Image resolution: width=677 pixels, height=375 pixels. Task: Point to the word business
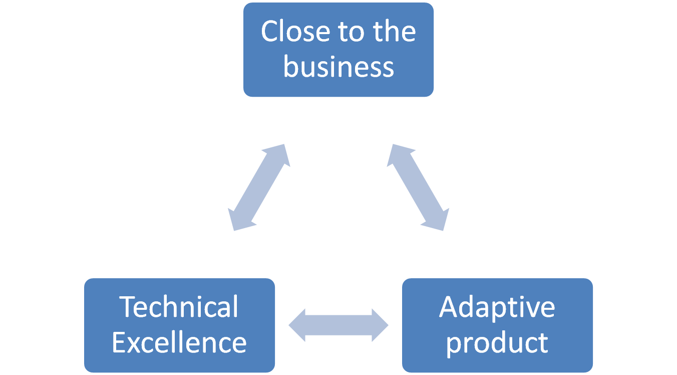click(x=338, y=67)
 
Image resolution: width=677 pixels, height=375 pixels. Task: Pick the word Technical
click(x=179, y=307)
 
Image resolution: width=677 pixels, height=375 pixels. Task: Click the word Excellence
click(x=179, y=343)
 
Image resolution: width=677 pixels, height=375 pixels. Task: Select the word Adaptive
click(x=497, y=307)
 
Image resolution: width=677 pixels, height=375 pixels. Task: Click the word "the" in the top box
click(x=394, y=31)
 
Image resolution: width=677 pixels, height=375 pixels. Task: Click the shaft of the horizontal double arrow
click(x=338, y=325)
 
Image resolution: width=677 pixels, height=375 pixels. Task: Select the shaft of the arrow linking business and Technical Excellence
click(x=259, y=187)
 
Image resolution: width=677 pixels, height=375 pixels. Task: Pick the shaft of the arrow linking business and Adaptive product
click(x=418, y=187)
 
